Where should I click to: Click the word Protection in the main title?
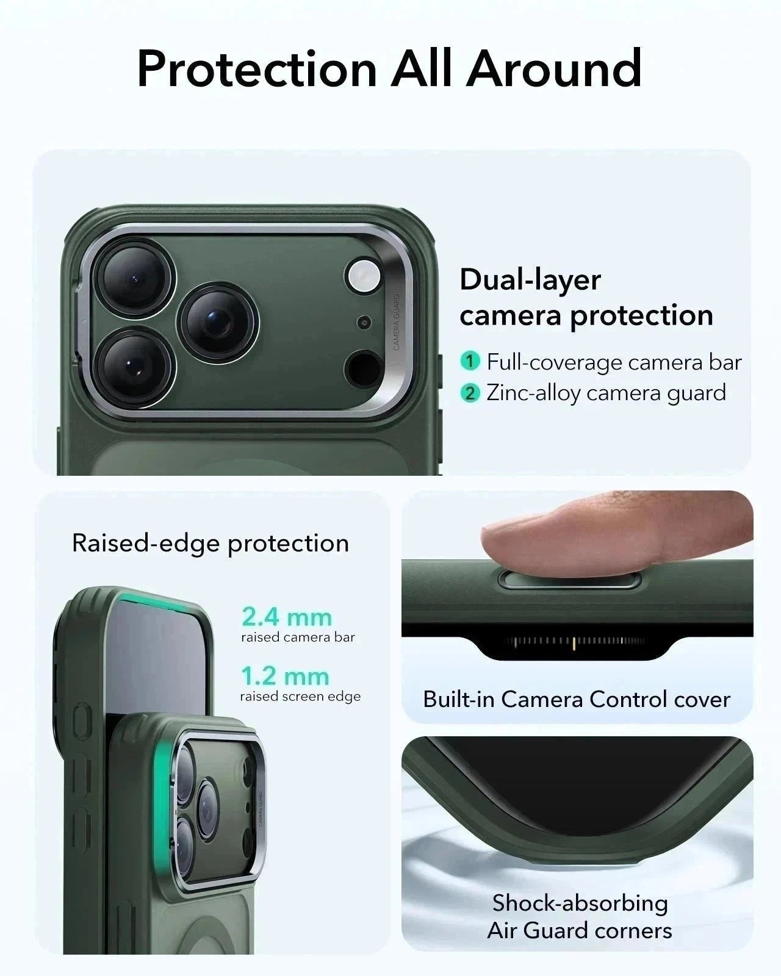[x=257, y=68]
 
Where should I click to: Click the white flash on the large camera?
[x=364, y=276]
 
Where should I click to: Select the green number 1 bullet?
[x=470, y=361]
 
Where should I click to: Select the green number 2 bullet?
[x=470, y=393]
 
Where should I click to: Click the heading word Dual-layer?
[x=530, y=280]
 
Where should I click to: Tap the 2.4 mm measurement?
[x=286, y=617]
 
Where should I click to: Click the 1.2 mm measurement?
[x=285, y=676]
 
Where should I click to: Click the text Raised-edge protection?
[x=211, y=543]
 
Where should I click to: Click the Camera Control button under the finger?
[x=569, y=580]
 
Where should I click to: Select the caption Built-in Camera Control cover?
[x=577, y=699]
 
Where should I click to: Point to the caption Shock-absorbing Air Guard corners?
[x=580, y=917]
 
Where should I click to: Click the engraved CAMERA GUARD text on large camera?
[x=396, y=322]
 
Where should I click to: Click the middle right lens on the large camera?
[x=218, y=322]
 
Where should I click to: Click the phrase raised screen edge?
[x=300, y=697]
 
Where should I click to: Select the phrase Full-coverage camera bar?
[x=614, y=362]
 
